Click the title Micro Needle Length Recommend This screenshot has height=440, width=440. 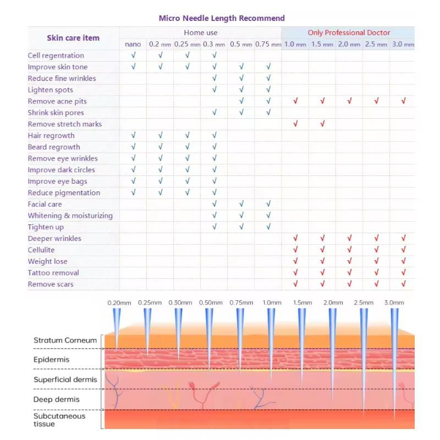point(222,18)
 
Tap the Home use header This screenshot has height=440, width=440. point(201,32)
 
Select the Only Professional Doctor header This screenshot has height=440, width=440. point(349,32)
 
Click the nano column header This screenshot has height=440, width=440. point(133,45)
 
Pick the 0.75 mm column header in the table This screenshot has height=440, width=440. point(268,45)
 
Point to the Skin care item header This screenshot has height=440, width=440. point(73,38)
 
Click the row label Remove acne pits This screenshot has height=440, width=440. point(57,101)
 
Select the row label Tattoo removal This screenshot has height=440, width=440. point(53,273)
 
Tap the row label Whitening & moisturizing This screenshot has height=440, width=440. point(70,216)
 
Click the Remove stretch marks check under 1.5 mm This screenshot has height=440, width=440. point(322,124)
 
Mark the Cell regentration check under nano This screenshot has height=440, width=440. point(133,56)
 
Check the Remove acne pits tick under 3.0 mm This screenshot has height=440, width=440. point(404,101)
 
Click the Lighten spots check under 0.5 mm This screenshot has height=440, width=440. point(241,90)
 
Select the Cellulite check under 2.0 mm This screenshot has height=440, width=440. point(349,250)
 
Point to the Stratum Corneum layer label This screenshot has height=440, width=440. point(65,340)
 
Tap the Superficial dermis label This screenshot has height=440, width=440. point(65,380)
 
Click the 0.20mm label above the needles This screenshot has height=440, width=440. point(117,302)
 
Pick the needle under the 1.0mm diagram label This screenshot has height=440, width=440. point(271,338)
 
